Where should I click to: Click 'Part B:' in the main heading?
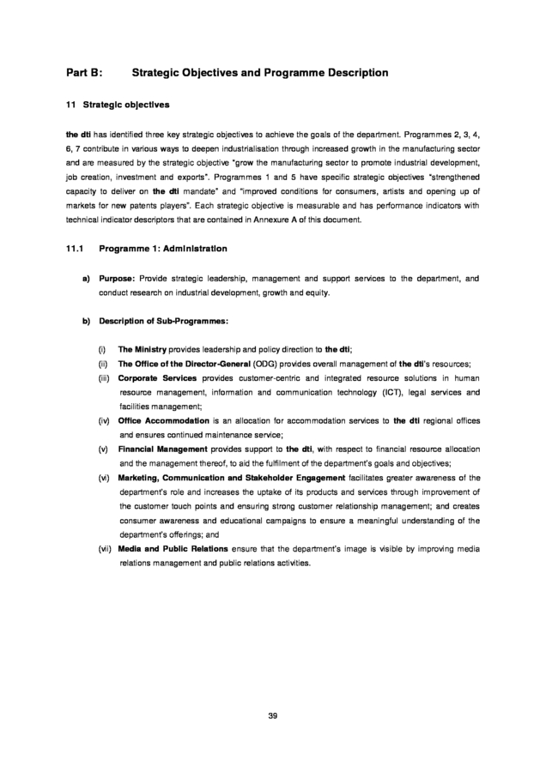point(85,73)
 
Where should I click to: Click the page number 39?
point(272,715)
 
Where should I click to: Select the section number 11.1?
point(74,249)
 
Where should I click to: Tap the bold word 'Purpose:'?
point(114,279)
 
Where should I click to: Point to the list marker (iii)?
point(104,378)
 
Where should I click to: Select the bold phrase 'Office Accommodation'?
point(163,420)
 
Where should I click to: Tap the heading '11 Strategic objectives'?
point(117,106)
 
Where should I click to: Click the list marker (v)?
point(103,449)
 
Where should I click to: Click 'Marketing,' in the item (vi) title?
point(142,477)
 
